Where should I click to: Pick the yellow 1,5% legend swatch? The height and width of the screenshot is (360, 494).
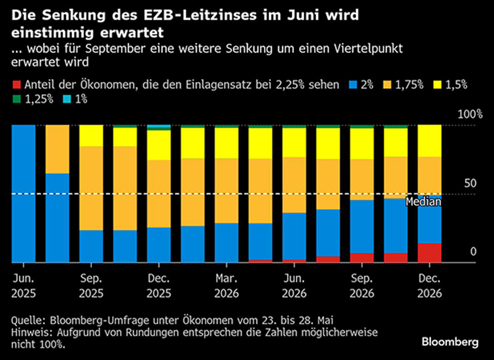tap(437, 84)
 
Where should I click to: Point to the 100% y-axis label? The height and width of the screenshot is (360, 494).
tap(466, 115)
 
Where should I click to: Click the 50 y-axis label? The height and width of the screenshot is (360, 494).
tap(471, 184)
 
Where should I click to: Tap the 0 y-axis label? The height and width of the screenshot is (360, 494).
tap(474, 252)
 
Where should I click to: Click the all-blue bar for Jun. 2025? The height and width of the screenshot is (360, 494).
tap(24, 194)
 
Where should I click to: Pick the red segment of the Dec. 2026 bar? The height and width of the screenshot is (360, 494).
tap(430, 253)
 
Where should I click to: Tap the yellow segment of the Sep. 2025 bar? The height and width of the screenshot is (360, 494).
tap(91, 136)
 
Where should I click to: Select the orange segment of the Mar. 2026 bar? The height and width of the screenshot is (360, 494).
tap(226, 190)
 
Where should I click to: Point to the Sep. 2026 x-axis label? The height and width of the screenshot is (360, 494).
tap(362, 285)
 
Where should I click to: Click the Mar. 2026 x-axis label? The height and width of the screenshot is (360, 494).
tap(226, 285)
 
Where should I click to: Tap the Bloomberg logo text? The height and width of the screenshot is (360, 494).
tap(450, 342)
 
